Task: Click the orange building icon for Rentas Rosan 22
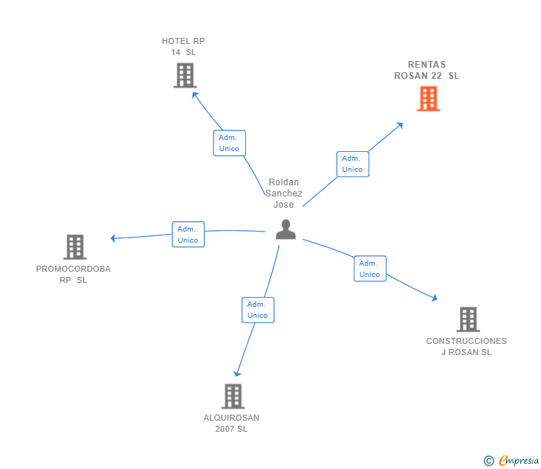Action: [428, 99]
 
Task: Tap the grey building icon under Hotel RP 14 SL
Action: [185, 75]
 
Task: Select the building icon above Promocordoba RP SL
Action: [75, 247]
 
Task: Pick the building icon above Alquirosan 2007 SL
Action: [233, 396]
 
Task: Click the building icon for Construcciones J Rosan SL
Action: [468, 319]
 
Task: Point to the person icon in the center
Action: [285, 229]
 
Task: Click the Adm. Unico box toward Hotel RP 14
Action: [230, 143]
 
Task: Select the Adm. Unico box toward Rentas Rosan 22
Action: [352, 165]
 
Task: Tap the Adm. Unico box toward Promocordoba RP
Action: [189, 234]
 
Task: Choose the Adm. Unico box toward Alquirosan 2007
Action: [258, 310]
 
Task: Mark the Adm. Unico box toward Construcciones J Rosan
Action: [370, 269]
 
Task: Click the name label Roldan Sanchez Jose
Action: [284, 194]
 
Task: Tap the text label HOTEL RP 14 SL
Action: [184, 47]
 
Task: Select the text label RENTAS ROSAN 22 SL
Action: [427, 70]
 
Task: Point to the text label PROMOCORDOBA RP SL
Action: [73, 275]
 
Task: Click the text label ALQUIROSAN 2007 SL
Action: [232, 424]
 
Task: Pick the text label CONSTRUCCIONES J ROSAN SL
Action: [467, 347]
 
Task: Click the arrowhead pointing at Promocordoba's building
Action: [113, 238]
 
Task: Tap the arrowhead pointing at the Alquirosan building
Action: [237, 374]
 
